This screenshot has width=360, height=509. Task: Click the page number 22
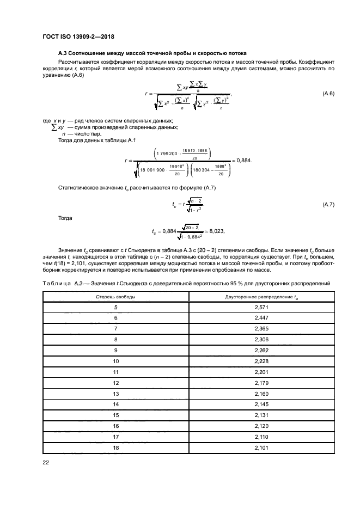click(x=46, y=462)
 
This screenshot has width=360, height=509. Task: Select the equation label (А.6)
click(x=328, y=94)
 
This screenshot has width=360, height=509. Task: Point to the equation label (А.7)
click(x=328, y=204)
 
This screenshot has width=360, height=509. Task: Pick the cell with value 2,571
click(x=261, y=308)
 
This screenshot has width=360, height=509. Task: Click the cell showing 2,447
click(x=261, y=318)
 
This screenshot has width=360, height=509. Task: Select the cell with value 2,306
click(x=261, y=339)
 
